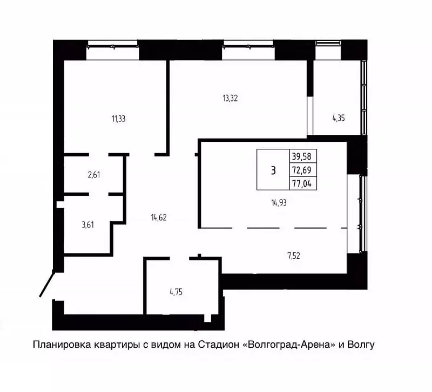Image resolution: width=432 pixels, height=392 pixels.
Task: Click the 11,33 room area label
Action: tap(118, 119)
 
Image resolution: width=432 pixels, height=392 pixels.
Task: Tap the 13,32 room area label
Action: tap(230, 98)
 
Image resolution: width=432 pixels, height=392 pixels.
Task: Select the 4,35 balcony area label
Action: tap(339, 118)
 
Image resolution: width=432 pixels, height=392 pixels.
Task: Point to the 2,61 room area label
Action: tap(94, 175)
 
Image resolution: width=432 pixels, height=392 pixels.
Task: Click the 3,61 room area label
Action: tap(88, 225)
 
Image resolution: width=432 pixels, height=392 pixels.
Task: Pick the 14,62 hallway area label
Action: tap(159, 218)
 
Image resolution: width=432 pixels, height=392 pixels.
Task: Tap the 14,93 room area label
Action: tap(279, 203)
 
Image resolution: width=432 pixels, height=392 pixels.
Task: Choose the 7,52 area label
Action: tap(294, 256)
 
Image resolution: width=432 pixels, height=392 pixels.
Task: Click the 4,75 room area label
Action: tap(176, 292)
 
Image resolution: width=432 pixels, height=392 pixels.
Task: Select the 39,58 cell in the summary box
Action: tap(301, 156)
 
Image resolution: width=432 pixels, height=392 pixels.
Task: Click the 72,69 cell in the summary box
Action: tap(301, 170)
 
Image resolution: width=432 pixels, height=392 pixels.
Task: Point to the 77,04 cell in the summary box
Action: tap(301, 183)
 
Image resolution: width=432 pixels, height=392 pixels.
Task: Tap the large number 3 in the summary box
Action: tap(273, 171)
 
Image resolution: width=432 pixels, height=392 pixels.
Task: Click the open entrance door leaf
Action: tap(46, 283)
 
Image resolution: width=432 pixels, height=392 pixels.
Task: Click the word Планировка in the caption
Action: tap(62, 345)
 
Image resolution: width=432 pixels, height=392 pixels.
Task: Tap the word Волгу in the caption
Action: tap(361, 345)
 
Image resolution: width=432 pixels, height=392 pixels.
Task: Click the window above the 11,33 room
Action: tap(112, 50)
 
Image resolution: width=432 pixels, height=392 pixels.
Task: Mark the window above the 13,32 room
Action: tap(248, 50)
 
